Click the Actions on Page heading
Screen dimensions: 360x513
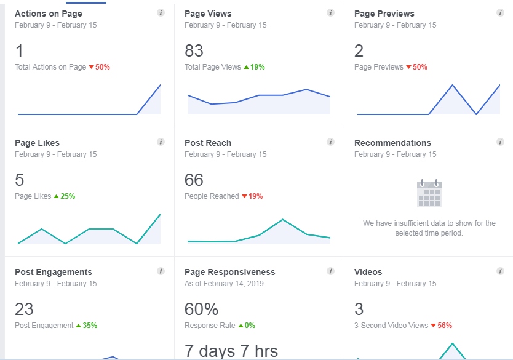48,14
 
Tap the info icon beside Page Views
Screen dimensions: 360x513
330,13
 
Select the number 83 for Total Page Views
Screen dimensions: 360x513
194,50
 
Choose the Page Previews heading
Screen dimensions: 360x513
384,14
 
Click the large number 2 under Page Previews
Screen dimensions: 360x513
359,50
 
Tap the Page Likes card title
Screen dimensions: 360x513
37,143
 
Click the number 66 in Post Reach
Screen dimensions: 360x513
194,180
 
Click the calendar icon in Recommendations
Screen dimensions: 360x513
429,193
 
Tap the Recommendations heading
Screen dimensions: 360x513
392,143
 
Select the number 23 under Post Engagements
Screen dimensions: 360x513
24,309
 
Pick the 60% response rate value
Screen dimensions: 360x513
201,309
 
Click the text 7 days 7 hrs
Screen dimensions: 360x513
231,351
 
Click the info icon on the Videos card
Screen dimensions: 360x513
500,271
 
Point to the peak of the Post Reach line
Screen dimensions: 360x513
282,219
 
